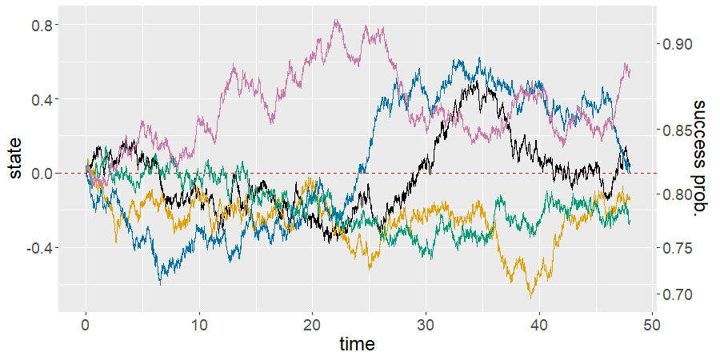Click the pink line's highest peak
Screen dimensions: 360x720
click(336, 20)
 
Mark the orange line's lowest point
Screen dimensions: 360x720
click(530, 298)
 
